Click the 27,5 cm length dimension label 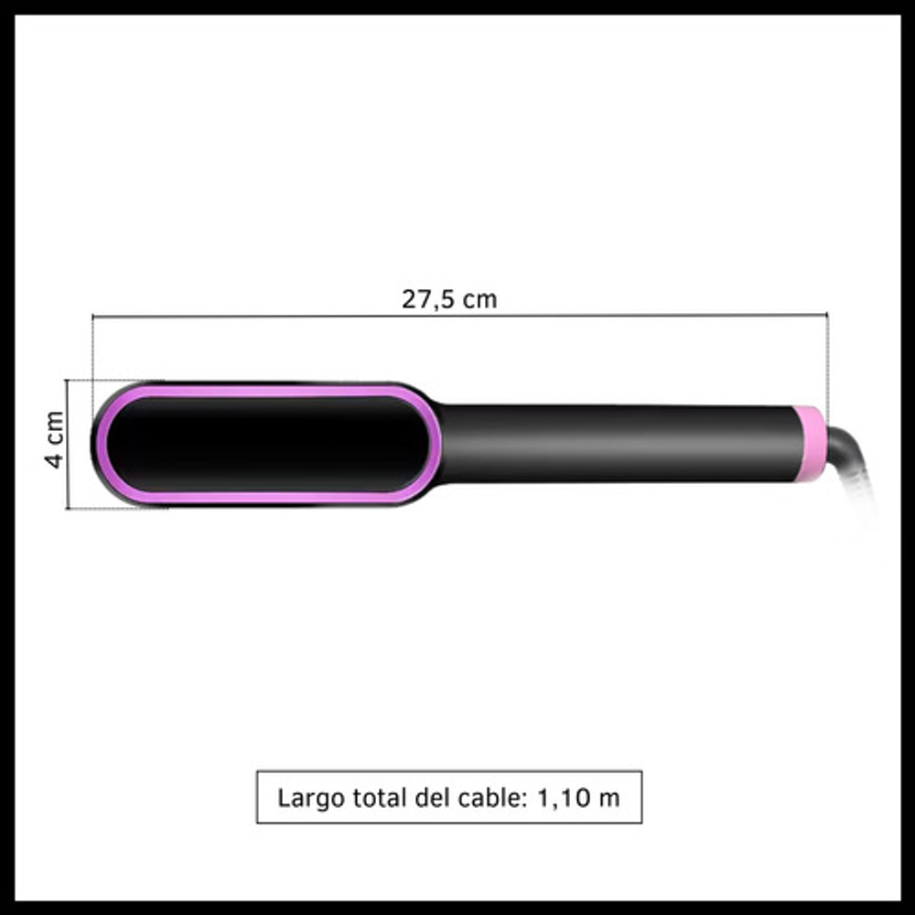(449, 299)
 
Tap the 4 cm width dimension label (55, 439)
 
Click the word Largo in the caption (311, 798)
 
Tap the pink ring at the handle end (811, 445)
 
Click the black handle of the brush (619, 445)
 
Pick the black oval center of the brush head (266, 445)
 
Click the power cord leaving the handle (851, 461)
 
